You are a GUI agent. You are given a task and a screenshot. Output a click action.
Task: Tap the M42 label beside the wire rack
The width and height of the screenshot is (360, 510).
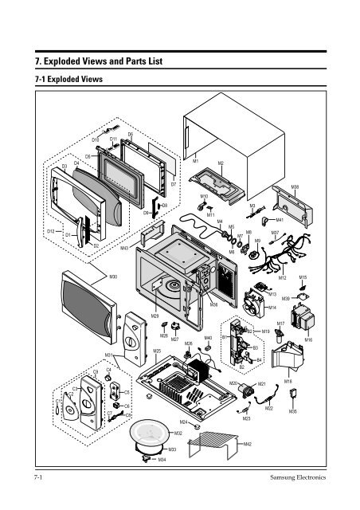click(x=248, y=444)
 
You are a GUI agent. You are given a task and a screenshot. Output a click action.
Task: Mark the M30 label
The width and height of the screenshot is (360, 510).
click(x=114, y=277)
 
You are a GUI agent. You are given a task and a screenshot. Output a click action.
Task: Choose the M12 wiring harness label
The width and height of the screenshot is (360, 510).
click(x=282, y=277)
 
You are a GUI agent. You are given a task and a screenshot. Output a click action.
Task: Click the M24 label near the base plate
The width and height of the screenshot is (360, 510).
click(x=183, y=421)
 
